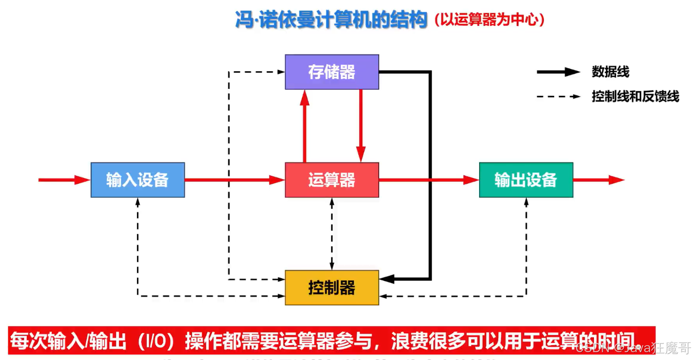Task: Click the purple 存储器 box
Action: (x=331, y=72)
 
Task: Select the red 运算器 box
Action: (x=331, y=180)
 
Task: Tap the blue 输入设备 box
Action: (x=137, y=180)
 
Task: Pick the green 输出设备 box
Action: (x=526, y=180)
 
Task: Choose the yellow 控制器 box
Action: (x=331, y=287)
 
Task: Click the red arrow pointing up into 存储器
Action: (x=304, y=125)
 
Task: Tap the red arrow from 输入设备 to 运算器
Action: (x=234, y=180)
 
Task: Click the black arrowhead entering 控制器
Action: (x=387, y=279)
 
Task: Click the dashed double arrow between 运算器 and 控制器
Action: (x=331, y=234)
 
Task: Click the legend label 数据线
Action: (x=610, y=72)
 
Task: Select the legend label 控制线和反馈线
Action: (x=635, y=96)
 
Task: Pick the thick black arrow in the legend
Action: (x=558, y=72)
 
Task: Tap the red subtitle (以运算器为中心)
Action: (x=489, y=20)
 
